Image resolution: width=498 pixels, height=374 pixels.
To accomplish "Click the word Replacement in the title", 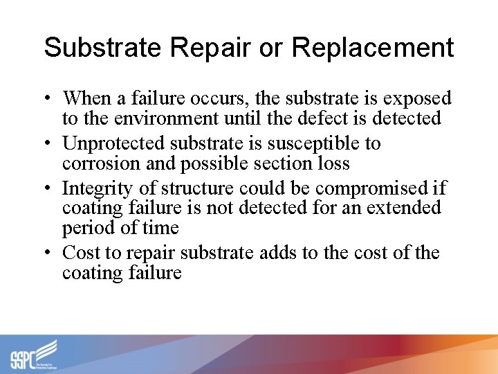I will pyautogui.click(x=373, y=48).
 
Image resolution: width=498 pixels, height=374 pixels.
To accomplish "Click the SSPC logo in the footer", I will pyautogui.click(x=35, y=354).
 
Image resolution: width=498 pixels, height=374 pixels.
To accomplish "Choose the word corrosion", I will pyautogui.click(x=98, y=163).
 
